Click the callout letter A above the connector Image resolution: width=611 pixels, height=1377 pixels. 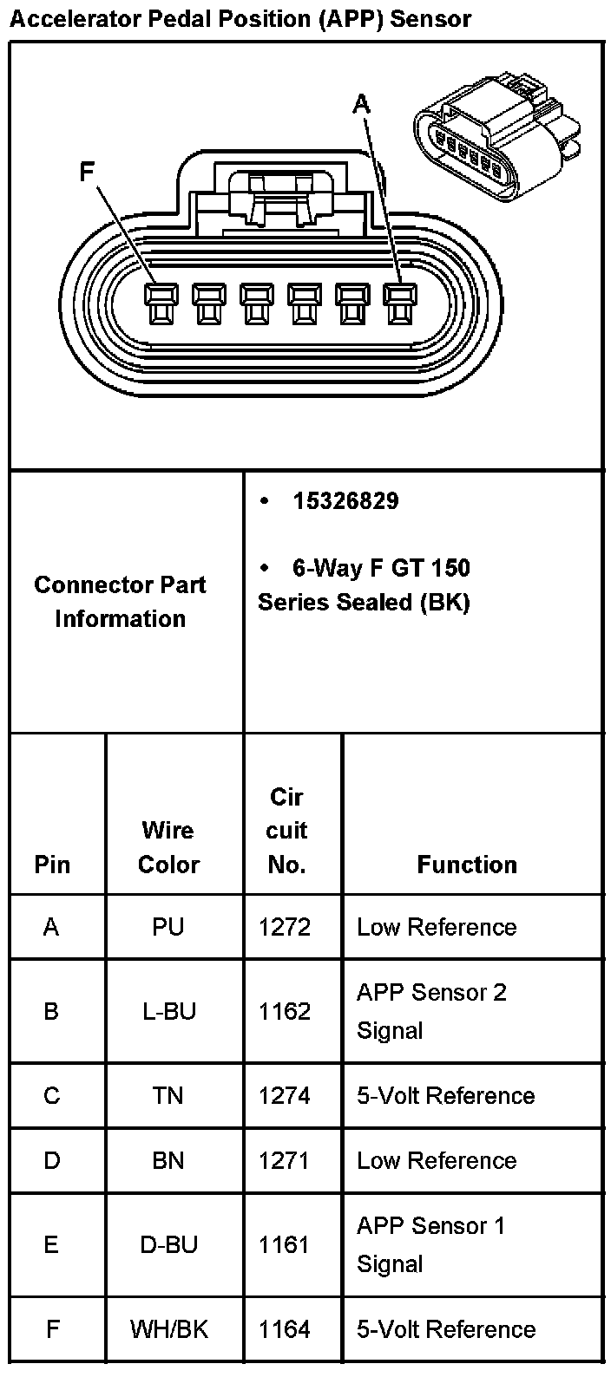coord(362,104)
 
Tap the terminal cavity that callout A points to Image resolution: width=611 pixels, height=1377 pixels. coord(397,304)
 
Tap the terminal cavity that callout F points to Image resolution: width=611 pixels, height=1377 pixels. coord(158,304)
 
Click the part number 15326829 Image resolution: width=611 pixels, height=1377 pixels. coord(345,500)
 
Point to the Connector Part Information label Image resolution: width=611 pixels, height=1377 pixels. coord(120,602)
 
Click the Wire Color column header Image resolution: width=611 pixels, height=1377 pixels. coord(168,847)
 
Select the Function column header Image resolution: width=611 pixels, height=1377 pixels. coord(467,865)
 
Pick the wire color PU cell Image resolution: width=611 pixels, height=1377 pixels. coord(168,927)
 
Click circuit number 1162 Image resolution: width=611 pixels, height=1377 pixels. coord(285,1011)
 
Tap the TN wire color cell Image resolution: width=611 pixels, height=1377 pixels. coord(168,1096)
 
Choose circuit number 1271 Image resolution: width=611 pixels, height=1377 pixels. coord(285,1160)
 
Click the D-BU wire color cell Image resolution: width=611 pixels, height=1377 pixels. coord(168,1245)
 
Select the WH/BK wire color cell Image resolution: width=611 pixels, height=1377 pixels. coord(168,1329)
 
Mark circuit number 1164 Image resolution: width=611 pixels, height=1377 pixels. coord(285,1329)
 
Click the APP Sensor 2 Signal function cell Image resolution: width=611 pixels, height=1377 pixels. coord(430,1011)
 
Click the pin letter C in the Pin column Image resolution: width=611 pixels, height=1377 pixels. coord(51,1096)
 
